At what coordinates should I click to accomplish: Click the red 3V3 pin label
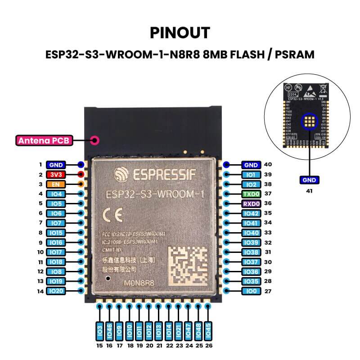coord(56,175)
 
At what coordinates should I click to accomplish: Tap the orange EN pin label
coord(56,184)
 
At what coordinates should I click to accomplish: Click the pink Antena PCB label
coord(43,140)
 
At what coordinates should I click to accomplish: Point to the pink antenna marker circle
coord(95,140)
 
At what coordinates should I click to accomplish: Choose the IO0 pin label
coord(250,291)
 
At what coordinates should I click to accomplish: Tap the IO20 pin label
coord(56,291)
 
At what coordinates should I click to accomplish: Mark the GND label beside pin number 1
coord(56,165)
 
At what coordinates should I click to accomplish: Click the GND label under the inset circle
coord(310,180)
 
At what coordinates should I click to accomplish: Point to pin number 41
coord(310,191)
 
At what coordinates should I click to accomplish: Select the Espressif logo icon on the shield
coord(121,174)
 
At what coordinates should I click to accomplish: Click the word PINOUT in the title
coord(180,33)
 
